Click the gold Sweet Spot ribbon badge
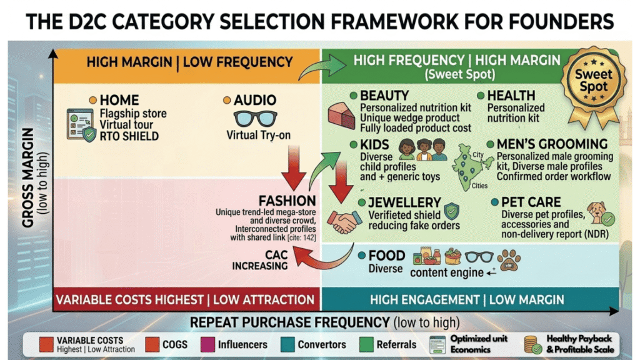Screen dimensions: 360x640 pos(594,81)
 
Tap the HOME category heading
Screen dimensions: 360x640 pos(119,100)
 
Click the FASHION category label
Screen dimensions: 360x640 pos(287,201)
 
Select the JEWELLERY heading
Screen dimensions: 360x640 pos(404,202)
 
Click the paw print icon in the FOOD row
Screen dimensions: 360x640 pos(507,259)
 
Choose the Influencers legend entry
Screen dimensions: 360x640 pos(242,344)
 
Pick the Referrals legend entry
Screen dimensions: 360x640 pos(396,344)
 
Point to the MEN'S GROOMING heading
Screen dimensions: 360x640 pos(552,144)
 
